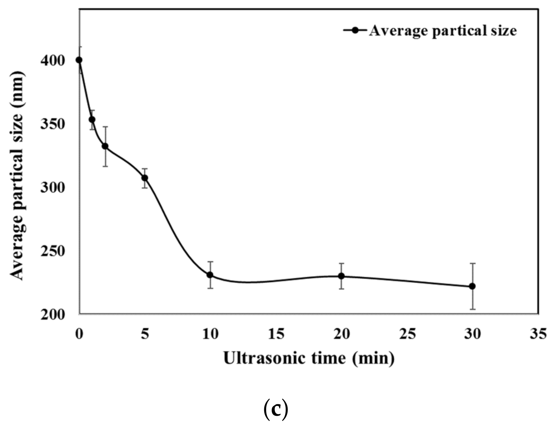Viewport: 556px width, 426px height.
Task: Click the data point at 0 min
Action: [79, 60]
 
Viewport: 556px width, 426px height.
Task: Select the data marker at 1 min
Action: [92, 120]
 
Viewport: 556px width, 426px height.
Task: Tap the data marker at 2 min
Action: [105, 146]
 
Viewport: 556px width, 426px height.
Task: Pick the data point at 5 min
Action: [145, 178]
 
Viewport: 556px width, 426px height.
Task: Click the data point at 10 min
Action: [210, 275]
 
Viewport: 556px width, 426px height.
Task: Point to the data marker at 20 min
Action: [341, 276]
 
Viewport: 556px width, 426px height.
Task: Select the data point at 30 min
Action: [472, 286]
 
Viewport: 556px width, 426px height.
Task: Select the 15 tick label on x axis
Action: [276, 334]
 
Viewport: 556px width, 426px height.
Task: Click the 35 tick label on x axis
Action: [538, 334]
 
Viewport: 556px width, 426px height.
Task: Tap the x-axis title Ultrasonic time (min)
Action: [309, 358]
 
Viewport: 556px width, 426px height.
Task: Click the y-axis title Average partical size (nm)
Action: [17, 176]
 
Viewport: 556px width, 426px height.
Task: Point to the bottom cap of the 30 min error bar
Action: [472, 309]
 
